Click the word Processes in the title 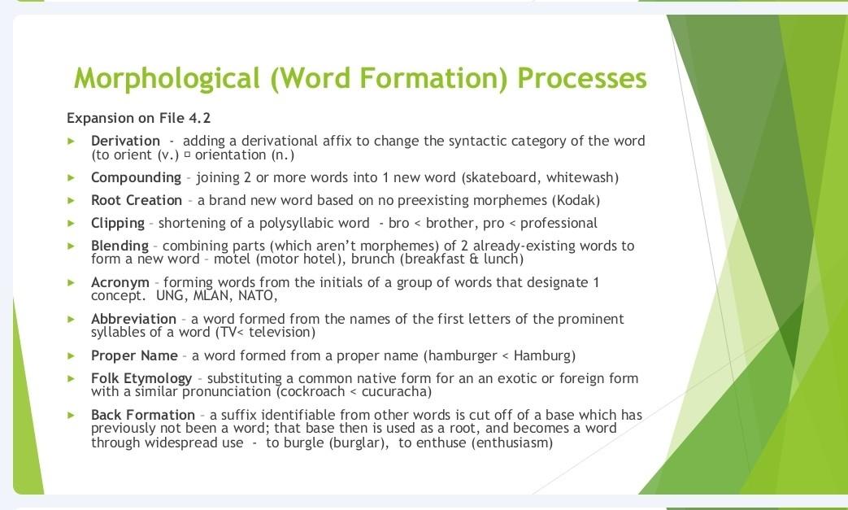click(x=581, y=78)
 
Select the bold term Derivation click(x=125, y=141)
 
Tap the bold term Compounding click(x=136, y=177)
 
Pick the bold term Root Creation click(x=136, y=200)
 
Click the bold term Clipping click(x=117, y=223)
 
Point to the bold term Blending click(x=120, y=246)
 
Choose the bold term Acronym click(x=120, y=282)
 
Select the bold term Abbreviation click(x=133, y=319)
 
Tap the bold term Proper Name click(x=134, y=355)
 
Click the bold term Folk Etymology click(x=141, y=378)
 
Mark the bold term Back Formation click(x=142, y=415)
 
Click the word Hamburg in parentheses click(x=543, y=355)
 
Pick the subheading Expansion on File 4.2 click(x=138, y=118)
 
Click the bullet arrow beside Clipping click(x=72, y=223)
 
